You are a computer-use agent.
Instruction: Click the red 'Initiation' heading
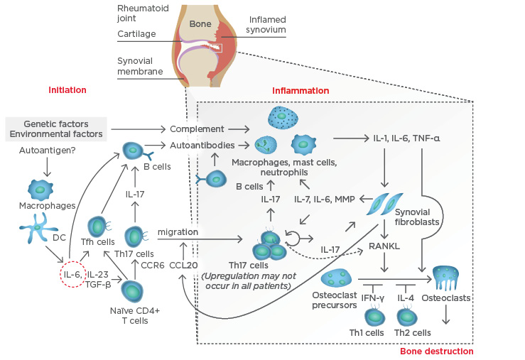pos(67,90)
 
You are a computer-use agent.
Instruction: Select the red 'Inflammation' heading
pos(301,91)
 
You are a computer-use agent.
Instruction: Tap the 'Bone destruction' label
pos(436,351)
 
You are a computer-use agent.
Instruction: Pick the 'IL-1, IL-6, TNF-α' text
pos(406,137)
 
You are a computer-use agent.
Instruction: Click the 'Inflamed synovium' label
pos(267,25)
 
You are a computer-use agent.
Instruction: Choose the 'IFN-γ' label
pos(373,298)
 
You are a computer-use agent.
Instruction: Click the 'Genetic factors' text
pos(56,123)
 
